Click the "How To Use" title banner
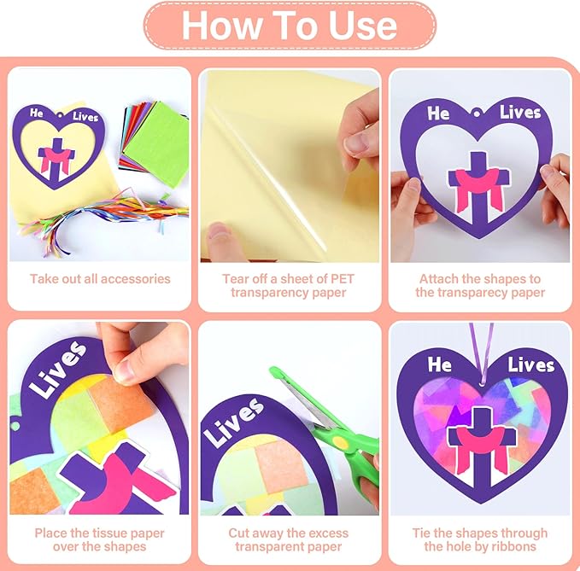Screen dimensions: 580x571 click(x=290, y=25)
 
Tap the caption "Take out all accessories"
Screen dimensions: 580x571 click(x=100, y=278)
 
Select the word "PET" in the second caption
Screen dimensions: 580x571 click(x=343, y=278)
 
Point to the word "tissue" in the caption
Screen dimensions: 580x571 click(x=109, y=533)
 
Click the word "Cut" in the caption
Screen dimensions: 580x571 click(x=237, y=533)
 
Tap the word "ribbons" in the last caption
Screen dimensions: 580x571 click(x=514, y=546)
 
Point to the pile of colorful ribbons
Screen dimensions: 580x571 click(x=108, y=218)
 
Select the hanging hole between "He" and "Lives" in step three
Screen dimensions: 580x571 click(x=476, y=114)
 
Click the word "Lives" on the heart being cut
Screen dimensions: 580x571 click(x=234, y=421)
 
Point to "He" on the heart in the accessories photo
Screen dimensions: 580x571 click(x=36, y=113)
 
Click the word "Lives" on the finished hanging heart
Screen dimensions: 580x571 click(x=530, y=365)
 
